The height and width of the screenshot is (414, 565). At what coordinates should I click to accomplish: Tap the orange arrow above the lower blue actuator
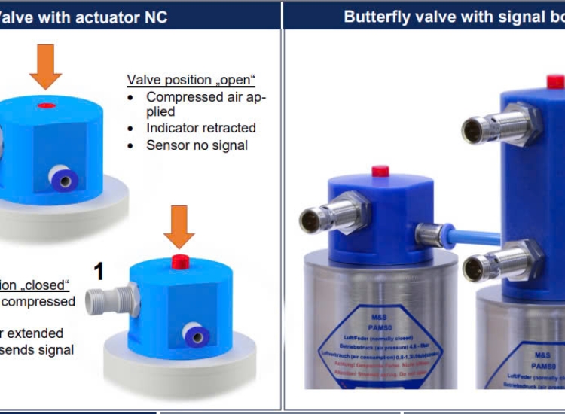pos(179,225)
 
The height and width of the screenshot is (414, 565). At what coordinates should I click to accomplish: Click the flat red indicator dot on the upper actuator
pos(47,105)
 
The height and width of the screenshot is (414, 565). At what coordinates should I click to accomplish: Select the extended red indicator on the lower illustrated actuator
pos(180,261)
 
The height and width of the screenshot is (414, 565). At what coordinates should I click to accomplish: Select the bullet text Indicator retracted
pos(201,128)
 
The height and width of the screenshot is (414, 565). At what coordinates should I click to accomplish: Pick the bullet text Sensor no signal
pos(197,145)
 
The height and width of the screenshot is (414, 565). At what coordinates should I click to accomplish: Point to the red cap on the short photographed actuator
pos(380,171)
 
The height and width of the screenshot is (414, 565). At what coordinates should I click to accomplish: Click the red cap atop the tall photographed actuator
pos(555,81)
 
